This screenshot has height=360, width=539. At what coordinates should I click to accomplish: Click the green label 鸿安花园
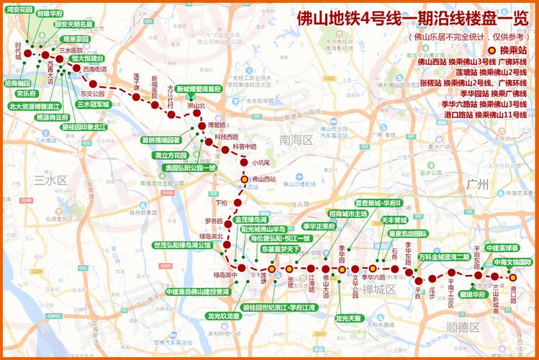pos(19,11)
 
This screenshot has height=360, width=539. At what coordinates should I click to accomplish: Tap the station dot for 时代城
pos(28,53)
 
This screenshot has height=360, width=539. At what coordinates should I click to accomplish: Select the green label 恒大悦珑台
pos(88,58)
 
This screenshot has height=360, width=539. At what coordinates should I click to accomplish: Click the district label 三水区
pos(50,180)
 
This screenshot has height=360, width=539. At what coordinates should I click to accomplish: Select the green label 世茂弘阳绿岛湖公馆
pos(182,246)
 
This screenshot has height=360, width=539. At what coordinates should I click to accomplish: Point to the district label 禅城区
pos(379,289)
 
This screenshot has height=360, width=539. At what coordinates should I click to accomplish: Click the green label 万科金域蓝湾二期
pos(444,256)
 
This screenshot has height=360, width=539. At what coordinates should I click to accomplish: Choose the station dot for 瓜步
pos(432,278)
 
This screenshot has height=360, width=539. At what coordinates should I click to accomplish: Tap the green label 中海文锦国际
pos(512,262)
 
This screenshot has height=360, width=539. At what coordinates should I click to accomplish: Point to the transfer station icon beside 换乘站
pos(490,51)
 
